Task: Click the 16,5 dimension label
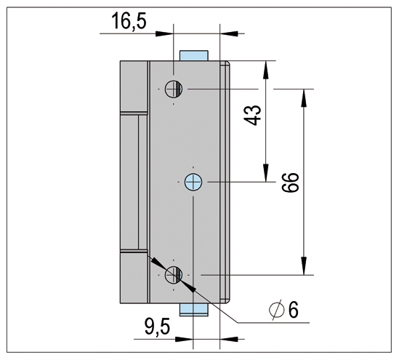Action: click(129, 21)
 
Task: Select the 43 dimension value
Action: click(253, 115)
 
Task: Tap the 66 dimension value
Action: click(290, 183)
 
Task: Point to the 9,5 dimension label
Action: click(157, 327)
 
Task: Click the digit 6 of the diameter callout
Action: click(294, 310)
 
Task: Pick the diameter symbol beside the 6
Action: click(276, 310)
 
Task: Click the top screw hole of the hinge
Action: click(174, 89)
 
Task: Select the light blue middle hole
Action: click(193, 182)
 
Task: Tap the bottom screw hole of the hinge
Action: click(174, 275)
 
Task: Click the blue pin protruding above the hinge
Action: click(194, 55)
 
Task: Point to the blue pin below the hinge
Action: click(194, 310)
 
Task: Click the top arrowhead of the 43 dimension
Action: click(266, 68)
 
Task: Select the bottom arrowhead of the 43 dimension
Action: click(266, 174)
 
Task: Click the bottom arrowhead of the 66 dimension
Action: click(303, 267)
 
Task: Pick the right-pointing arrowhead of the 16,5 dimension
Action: click(164, 33)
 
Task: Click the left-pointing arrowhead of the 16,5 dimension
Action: click(229, 33)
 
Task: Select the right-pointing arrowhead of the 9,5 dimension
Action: click(184, 339)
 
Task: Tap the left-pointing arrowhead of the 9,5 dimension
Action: click(229, 339)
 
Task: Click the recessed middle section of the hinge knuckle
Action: click(133, 182)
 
